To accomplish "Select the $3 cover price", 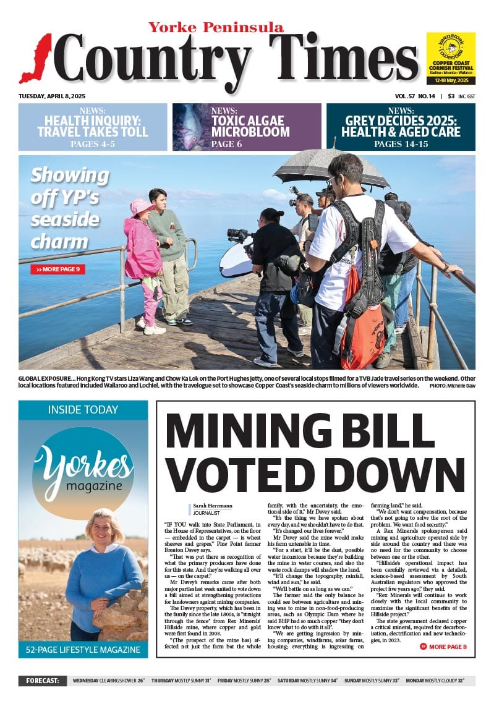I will point(451,96).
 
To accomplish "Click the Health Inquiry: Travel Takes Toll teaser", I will point(93,127).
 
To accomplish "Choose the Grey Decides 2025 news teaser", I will point(401,127).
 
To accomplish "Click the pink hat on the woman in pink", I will point(141,206).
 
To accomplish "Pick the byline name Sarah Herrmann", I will point(213,506).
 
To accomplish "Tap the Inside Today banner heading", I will point(83,410).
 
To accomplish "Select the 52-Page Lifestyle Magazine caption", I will point(83,650).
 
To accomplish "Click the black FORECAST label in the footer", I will point(42,681).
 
